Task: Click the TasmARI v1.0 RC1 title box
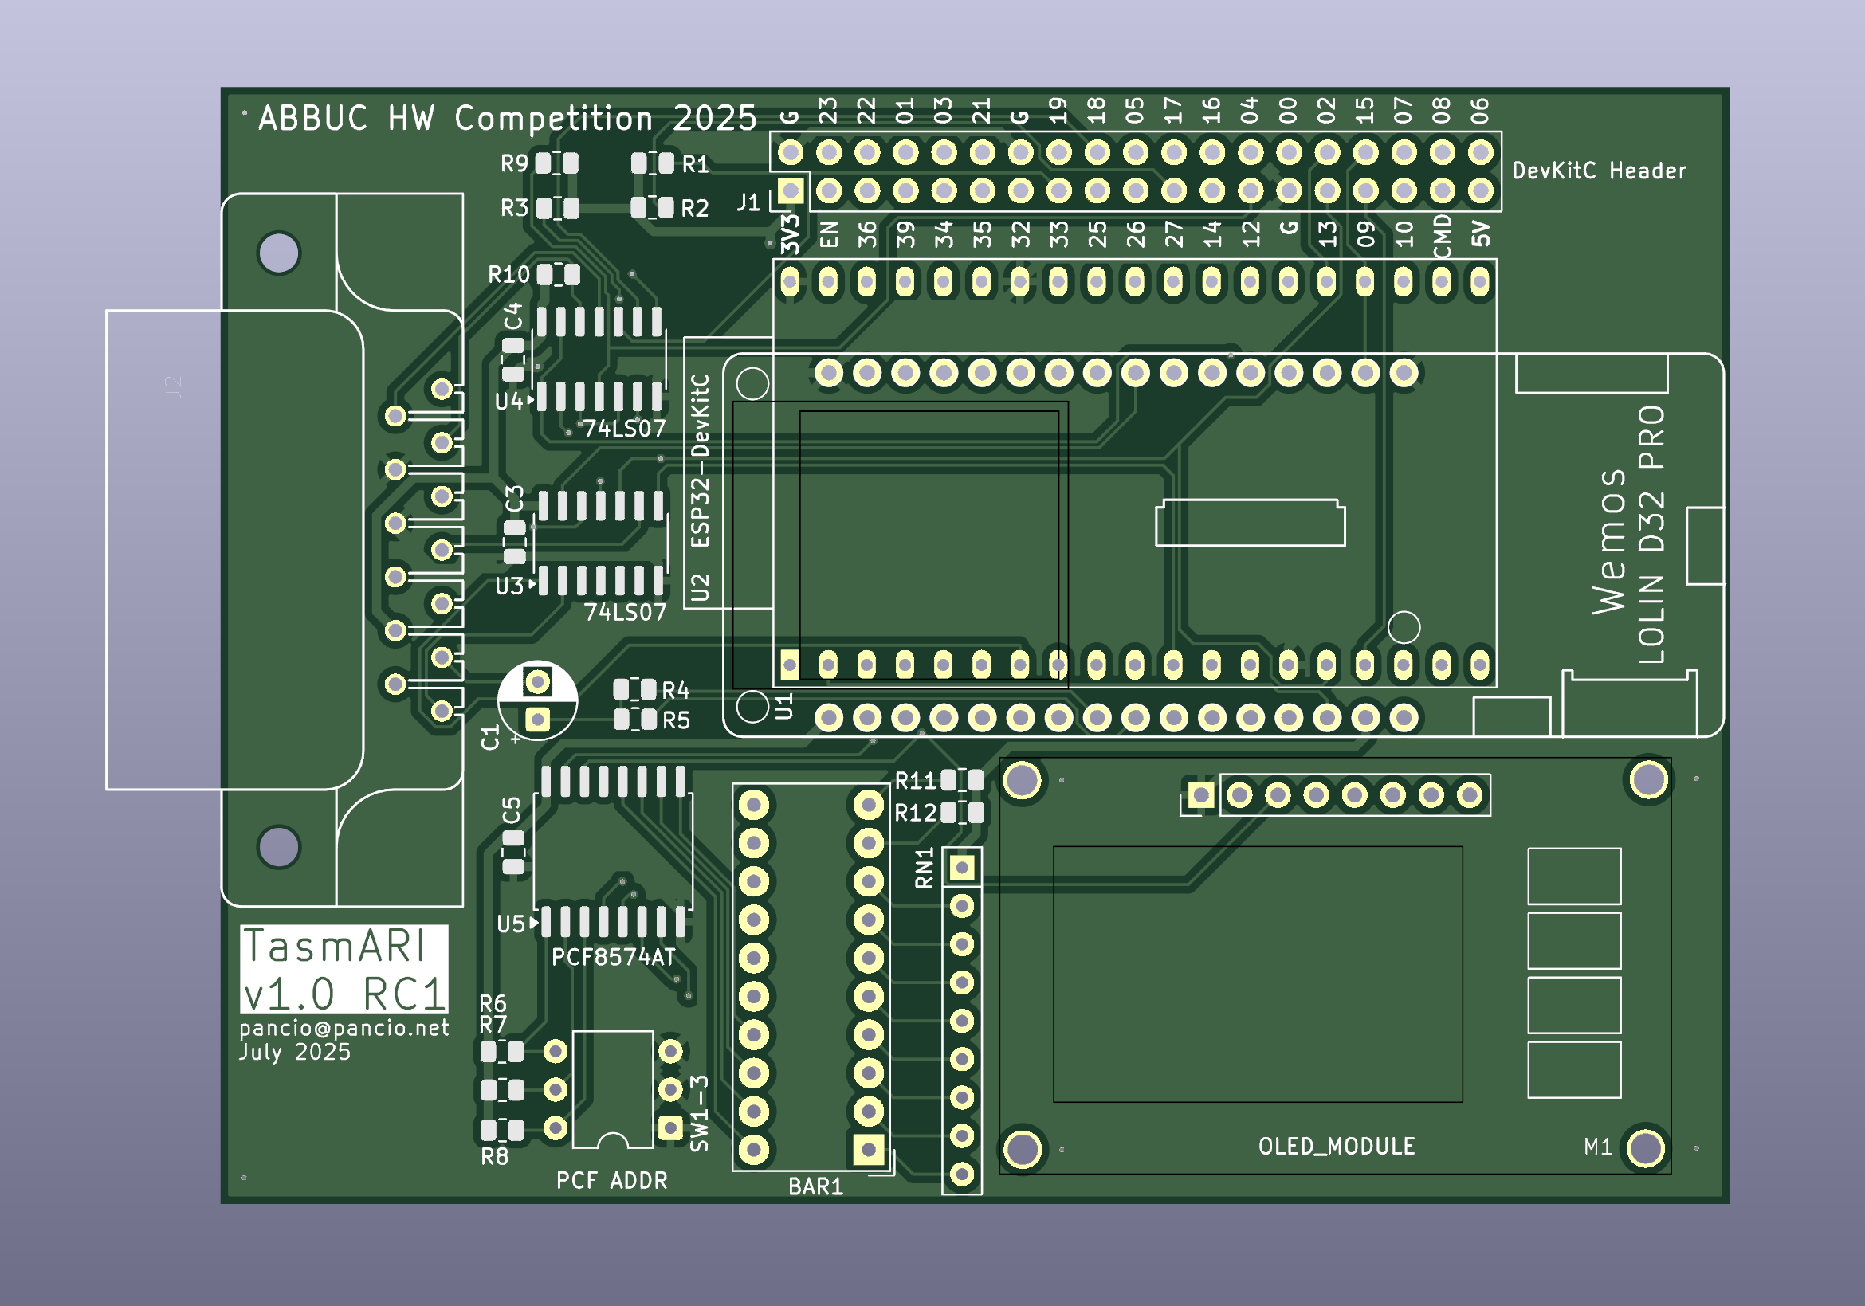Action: [x=344, y=968]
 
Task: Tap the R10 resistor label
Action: [x=508, y=276]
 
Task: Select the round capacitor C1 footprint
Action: [x=537, y=700]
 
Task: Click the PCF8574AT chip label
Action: [x=613, y=958]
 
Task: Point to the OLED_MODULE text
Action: [x=1337, y=1146]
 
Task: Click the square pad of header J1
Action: [x=791, y=192]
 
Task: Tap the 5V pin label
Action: [x=1481, y=234]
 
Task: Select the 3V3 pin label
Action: [x=791, y=234]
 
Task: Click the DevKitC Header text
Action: [x=1599, y=171]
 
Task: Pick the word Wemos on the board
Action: [x=1608, y=542]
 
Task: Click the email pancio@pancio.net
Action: [x=344, y=1028]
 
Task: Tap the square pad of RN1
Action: [x=962, y=869]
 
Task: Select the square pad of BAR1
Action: [x=868, y=1149]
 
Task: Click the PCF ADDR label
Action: [x=611, y=1181]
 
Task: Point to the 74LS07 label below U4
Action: [x=625, y=428]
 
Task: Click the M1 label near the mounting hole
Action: [x=1598, y=1147]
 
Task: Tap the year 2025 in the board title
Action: [x=714, y=119]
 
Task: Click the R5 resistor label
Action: [x=676, y=720]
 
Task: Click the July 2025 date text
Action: [x=295, y=1053]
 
